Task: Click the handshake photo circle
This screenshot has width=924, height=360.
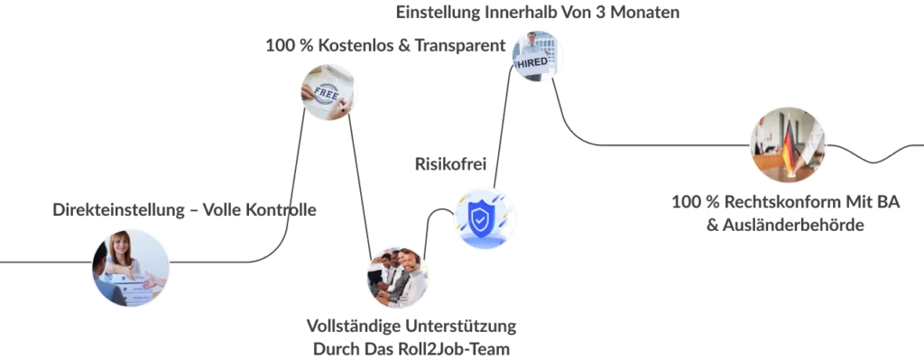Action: coord(130,268)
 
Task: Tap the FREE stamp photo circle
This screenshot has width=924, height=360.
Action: coord(328,93)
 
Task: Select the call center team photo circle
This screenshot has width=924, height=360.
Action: coord(397,277)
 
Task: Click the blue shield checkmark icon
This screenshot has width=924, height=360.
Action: coord(485,217)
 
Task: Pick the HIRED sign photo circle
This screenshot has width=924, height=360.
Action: coord(536,56)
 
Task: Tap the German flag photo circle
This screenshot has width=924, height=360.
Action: coord(787,145)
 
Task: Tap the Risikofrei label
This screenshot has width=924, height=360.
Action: coord(451,164)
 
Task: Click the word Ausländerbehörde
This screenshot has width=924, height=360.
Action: coord(793,225)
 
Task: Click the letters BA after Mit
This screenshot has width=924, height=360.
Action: coord(890,202)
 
